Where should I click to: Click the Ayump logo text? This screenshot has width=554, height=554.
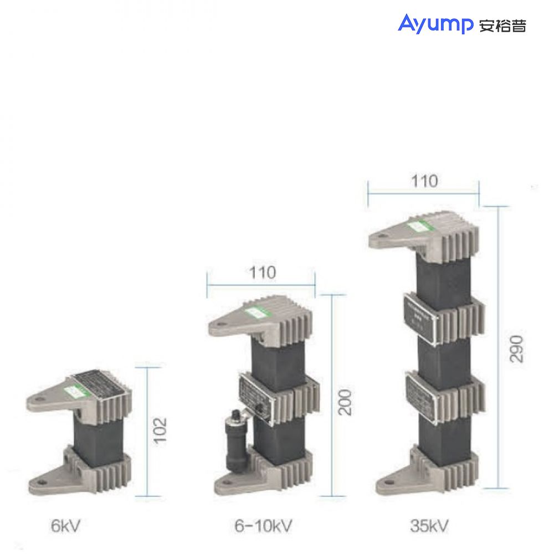435,24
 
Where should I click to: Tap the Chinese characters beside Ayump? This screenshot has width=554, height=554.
502,25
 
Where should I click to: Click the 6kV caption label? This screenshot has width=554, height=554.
65,525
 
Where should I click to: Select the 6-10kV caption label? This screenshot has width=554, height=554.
263,525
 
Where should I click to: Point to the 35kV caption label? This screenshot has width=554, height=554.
429,525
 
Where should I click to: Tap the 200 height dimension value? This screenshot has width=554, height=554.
345,401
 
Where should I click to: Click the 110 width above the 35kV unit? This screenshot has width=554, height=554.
423,181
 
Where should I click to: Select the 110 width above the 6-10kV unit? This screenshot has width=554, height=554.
261,273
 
